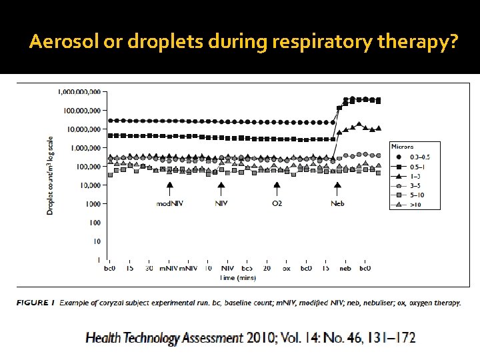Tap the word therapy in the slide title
[417, 43]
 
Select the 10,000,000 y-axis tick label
[83, 129]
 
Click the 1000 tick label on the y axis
[93, 203]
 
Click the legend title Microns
[402, 147]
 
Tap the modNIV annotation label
[169, 203]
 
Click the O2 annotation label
[277, 203]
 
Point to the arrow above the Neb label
[338, 189]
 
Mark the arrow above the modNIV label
[169, 189]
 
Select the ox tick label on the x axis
[286, 268]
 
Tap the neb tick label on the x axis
[345, 268]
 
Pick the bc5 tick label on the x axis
[247, 268]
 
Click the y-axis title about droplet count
[50, 175]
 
